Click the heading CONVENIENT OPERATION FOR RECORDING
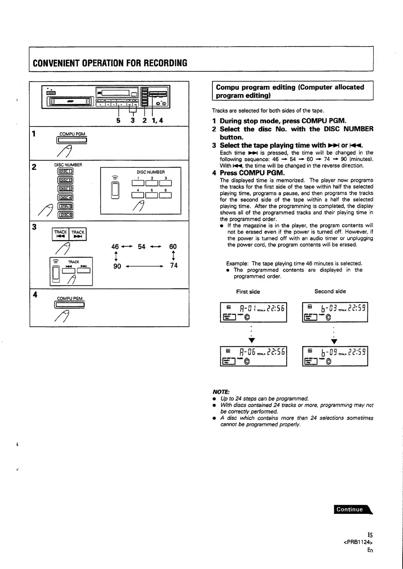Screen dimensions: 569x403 point(110,63)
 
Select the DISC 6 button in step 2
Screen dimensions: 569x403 point(66,215)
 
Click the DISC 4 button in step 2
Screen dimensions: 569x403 point(66,198)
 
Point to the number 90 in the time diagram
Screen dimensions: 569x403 point(117,266)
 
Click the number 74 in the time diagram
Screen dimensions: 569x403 point(174,265)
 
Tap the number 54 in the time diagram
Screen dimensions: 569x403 point(141,247)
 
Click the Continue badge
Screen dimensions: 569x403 point(352,509)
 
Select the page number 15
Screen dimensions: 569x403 point(370,535)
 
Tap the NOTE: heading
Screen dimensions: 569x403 point(221,392)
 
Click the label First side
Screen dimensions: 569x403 point(248,292)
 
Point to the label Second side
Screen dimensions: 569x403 point(330,291)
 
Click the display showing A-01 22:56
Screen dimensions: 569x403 point(253,312)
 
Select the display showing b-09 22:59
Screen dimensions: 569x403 point(335,356)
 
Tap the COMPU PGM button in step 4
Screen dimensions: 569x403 point(70,305)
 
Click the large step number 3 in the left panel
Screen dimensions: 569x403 point(34,227)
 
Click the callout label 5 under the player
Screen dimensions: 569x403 point(118,120)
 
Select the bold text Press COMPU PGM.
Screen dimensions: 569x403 point(252,173)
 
